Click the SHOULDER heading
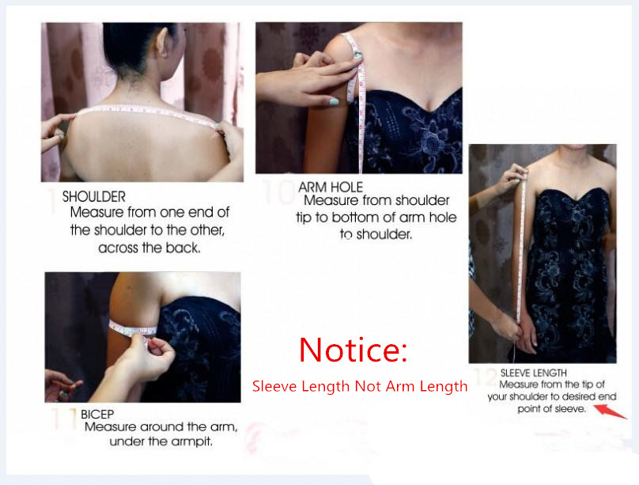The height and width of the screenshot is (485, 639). [x=94, y=197]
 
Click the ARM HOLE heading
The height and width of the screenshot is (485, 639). [x=331, y=187]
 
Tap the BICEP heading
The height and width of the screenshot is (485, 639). [x=97, y=414]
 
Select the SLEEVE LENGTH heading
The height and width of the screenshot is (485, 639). [x=534, y=373]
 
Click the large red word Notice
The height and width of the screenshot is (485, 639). [x=353, y=350]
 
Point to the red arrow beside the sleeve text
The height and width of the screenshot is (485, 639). [x=610, y=411]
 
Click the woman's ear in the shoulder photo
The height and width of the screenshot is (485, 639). [x=162, y=42]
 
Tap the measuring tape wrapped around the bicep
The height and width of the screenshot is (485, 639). [x=132, y=328]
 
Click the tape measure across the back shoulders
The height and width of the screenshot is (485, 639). [x=147, y=114]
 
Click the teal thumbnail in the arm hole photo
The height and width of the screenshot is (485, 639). [x=334, y=101]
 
